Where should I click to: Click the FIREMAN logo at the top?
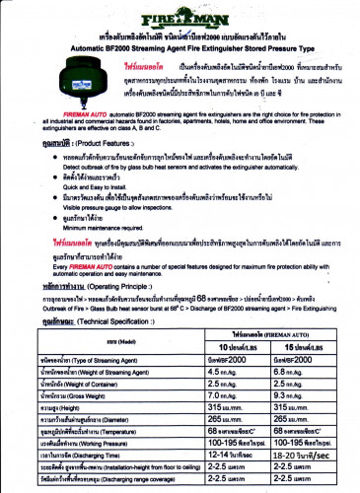[179, 18]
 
